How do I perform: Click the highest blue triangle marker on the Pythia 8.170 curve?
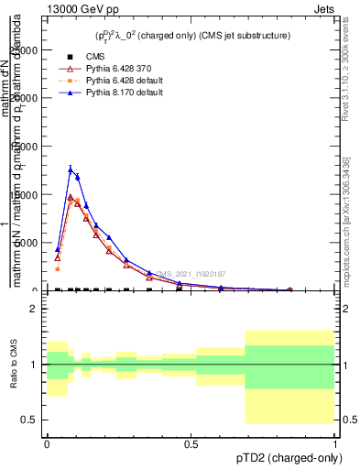tap(71, 169)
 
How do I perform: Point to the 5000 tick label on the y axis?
tap(28, 243)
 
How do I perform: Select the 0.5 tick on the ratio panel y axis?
tap(30, 420)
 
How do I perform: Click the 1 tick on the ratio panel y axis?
tap(35, 365)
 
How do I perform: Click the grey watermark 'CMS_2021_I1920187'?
tap(190, 274)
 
